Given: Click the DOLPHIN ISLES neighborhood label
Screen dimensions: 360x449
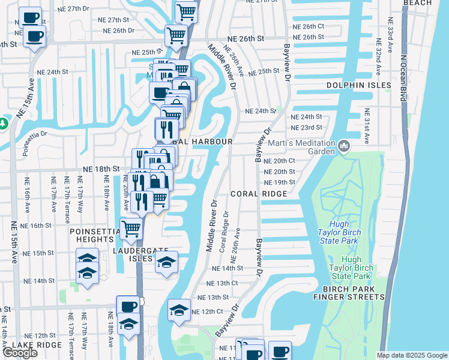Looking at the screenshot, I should tap(359, 86).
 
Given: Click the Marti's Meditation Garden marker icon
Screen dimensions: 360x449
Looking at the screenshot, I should tap(345, 145).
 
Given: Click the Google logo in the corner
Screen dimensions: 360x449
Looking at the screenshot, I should tap(20, 353).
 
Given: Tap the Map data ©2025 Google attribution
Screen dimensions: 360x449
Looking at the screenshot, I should tap(412, 355).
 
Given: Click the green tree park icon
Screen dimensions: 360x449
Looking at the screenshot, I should tap(3, 124).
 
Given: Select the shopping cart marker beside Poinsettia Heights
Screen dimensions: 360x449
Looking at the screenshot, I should tap(131, 228).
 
